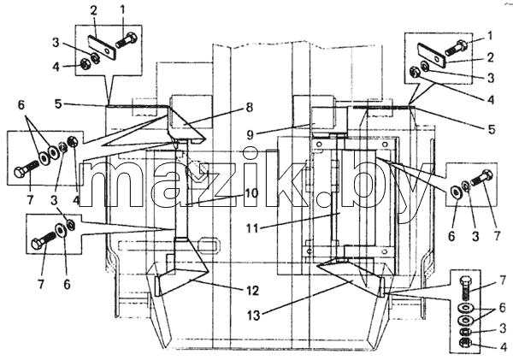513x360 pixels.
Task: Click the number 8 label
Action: point(250,108)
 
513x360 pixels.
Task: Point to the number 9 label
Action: point(250,134)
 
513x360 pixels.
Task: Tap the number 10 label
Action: point(251,192)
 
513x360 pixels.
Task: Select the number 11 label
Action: point(252,228)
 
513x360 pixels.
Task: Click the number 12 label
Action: point(252,291)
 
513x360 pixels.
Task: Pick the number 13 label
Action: point(254,316)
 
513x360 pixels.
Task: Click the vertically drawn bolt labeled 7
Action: point(465,289)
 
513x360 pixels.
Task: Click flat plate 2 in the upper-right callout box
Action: point(432,53)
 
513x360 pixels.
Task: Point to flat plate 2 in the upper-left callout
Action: point(102,48)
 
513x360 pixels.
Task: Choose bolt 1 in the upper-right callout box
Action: point(456,48)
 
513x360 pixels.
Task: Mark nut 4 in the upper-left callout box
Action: point(85,63)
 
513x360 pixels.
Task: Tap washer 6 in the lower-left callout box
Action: point(61,230)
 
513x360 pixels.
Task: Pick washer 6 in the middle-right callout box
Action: point(455,192)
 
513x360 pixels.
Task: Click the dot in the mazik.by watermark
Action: point(326,199)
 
